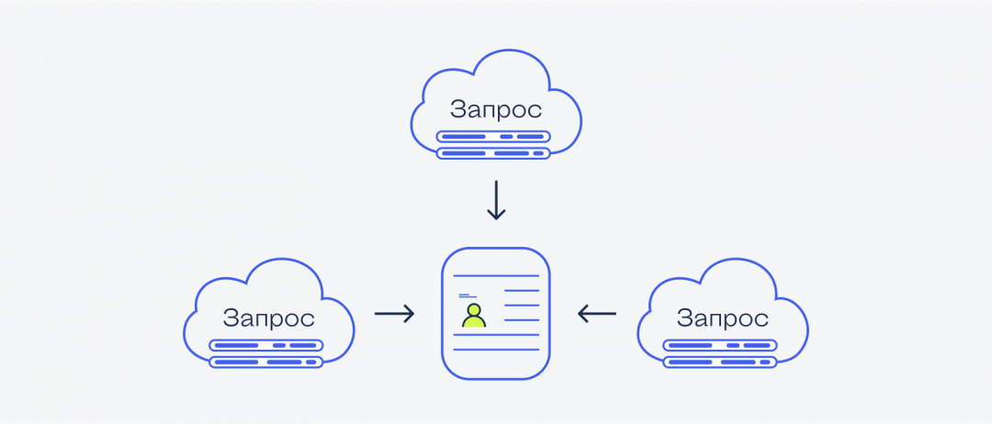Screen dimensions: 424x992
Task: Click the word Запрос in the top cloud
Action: [496, 110]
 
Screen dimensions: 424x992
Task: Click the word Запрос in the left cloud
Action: [268, 318]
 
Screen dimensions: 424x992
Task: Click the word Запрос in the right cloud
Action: [723, 318]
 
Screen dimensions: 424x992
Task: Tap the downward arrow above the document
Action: [496, 200]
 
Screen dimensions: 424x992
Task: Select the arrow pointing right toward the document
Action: [395, 314]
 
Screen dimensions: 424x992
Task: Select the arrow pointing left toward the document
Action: [597, 314]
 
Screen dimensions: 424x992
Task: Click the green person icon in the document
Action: [473, 316]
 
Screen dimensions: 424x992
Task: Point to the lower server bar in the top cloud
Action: [493, 152]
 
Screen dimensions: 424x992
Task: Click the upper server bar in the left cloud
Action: [265, 346]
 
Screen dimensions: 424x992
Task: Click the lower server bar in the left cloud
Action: [265, 362]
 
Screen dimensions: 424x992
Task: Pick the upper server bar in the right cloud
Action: [720, 346]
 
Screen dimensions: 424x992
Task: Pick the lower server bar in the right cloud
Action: [720, 362]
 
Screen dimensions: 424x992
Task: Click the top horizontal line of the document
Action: [496, 275]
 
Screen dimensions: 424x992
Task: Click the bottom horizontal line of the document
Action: [496, 350]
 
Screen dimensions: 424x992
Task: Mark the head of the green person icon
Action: [473, 308]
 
